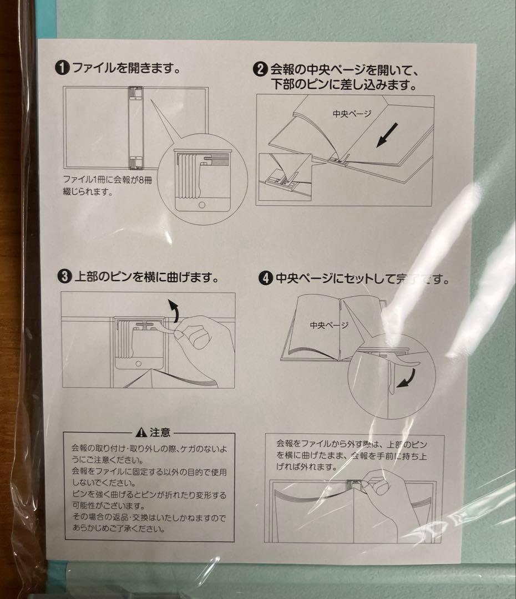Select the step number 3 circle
65,276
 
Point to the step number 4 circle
266,278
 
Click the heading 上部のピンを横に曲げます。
146,276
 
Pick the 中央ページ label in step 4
328,325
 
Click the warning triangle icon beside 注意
142,433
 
